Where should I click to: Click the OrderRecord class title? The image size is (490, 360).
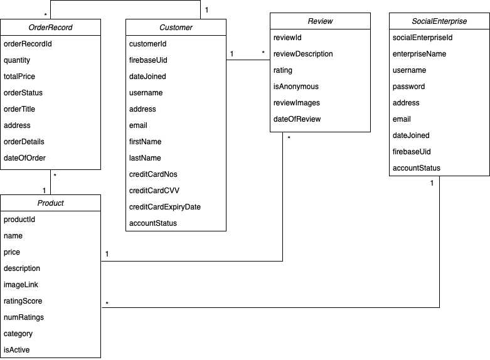point(50,28)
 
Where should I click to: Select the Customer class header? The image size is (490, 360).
point(176,28)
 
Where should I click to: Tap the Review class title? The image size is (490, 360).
point(320,21)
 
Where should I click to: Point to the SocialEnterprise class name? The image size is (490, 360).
point(439,21)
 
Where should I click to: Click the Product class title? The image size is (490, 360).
point(50,203)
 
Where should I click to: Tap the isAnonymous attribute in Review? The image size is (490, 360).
point(296,87)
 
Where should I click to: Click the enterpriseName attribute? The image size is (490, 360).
point(419,54)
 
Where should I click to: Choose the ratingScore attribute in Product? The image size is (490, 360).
point(23,301)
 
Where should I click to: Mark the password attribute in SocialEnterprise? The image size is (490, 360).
point(408,87)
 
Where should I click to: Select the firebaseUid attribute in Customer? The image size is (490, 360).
point(148,60)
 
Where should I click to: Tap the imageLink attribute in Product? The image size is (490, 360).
point(21,285)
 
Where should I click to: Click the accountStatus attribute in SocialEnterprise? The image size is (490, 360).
point(417,168)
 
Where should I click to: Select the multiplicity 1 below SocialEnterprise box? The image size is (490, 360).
point(432,183)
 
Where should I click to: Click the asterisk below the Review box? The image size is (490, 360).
point(289,138)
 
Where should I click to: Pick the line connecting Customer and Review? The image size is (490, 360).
point(248,60)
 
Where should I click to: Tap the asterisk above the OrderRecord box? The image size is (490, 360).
point(45,14)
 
